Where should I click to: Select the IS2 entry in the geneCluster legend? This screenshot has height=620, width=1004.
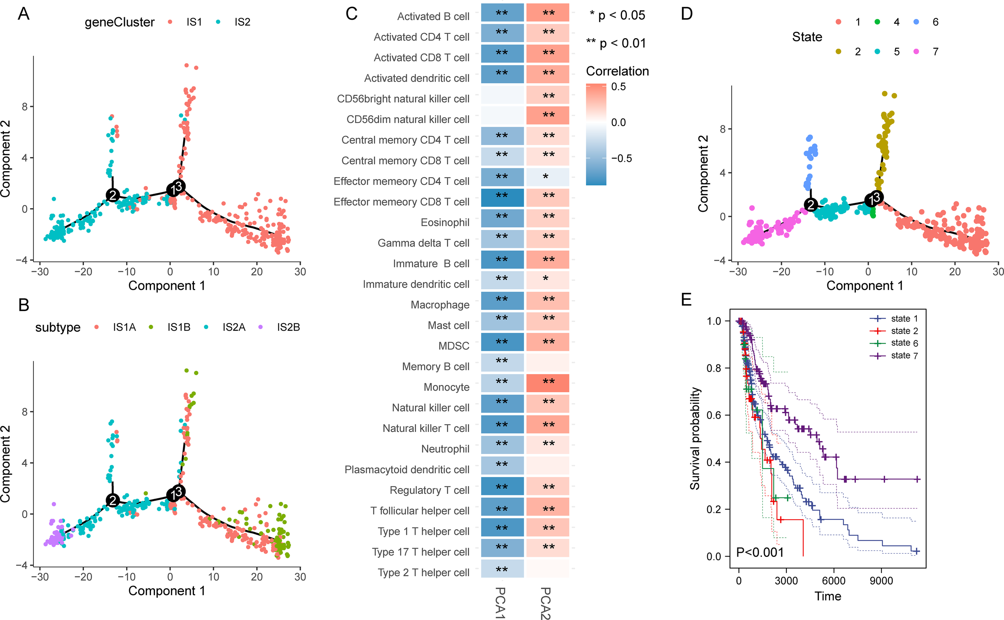tap(242, 22)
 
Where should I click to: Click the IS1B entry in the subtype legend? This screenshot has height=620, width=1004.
tap(179, 327)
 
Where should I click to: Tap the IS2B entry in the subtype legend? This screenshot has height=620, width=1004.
tap(288, 327)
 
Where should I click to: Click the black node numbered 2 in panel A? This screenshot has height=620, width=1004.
tap(113, 195)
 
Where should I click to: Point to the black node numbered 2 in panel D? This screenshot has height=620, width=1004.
tap(810, 204)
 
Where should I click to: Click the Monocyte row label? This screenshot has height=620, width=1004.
tap(446, 387)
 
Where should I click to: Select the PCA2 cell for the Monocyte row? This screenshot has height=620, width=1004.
tap(547, 383)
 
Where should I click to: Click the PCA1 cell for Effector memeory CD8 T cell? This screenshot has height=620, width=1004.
tap(502, 197)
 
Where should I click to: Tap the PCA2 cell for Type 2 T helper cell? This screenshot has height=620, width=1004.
tap(547, 568)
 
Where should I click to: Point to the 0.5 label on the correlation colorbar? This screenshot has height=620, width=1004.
tap(618, 87)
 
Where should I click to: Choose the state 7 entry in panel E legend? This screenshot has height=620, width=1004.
tap(904, 356)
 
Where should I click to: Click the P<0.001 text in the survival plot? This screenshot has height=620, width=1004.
tap(760, 552)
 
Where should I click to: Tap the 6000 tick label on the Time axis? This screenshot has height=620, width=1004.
tap(834, 581)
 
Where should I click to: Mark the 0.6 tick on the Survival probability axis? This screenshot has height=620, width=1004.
tap(714, 415)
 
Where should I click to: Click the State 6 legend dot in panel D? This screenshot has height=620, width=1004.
tap(916, 22)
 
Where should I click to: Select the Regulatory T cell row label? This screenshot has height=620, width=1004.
tap(429, 490)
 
